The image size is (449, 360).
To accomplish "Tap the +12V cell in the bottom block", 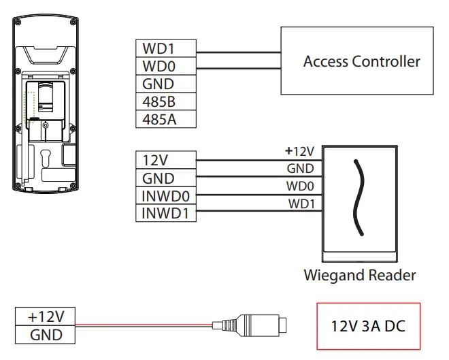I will click(x=46, y=316).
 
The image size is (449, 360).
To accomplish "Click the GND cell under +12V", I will click(x=46, y=334).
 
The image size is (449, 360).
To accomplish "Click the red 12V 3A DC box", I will click(x=369, y=326).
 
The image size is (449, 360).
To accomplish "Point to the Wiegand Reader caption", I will click(x=360, y=276).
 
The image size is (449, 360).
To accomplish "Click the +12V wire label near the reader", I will click(x=300, y=151).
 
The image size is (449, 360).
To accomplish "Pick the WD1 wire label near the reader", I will click(x=301, y=203).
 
